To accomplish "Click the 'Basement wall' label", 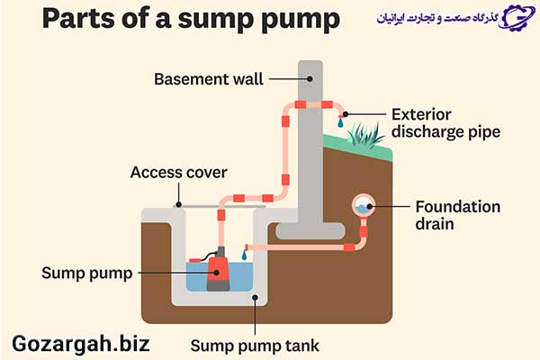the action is [x=209, y=79].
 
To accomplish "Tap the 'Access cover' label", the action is [x=179, y=172].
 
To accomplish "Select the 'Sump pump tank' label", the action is [x=255, y=346].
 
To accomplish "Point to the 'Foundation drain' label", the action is [x=458, y=215].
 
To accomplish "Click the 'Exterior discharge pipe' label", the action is [x=446, y=123].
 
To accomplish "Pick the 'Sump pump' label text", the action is [x=87, y=274].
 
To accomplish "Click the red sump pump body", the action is [x=218, y=269].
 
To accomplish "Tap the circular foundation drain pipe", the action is [x=364, y=206].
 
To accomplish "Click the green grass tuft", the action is [x=365, y=136].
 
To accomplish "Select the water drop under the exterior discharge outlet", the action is [x=340, y=122].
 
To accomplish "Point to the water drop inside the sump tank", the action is [x=245, y=256].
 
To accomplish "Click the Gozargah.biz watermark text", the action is [x=81, y=344].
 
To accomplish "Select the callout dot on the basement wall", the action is [x=310, y=79].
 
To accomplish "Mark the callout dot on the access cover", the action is [x=178, y=204].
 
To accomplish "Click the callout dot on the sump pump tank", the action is [x=256, y=297].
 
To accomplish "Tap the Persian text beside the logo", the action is [x=437, y=17].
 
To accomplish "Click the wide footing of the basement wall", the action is [x=310, y=230].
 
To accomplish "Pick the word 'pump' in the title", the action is [x=301, y=20].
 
